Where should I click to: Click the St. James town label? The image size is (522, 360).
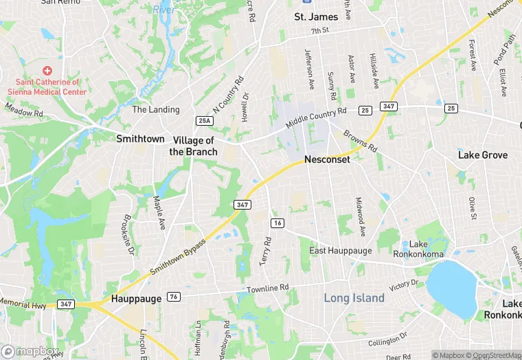[x=316, y=16]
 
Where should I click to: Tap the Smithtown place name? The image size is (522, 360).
[x=140, y=138]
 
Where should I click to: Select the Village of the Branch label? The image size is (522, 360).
[x=194, y=146]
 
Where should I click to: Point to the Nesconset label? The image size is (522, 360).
[x=327, y=159]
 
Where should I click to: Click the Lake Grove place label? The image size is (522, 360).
[x=483, y=155]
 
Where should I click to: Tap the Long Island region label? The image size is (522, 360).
[x=354, y=298]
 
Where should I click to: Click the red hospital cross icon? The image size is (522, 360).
[x=47, y=71]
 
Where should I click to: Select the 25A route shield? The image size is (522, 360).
[x=205, y=121]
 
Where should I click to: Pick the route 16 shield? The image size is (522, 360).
[x=277, y=223]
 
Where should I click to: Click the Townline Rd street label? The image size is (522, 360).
[x=269, y=289]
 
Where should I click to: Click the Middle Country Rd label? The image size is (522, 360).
[x=317, y=116]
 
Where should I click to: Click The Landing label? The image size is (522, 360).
[x=156, y=109]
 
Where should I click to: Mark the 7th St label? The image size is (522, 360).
[x=321, y=32]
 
